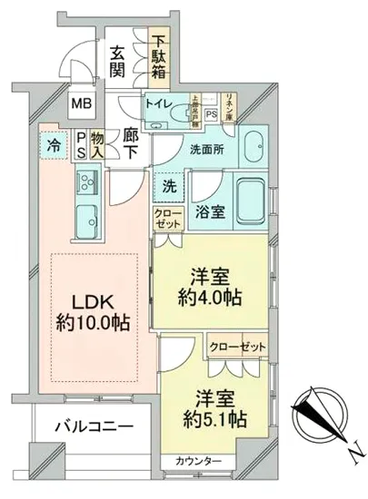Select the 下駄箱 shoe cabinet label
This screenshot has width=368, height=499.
[x=160, y=56]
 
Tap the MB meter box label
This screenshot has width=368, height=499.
[x=82, y=104]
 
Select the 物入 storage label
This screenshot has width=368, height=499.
[x=100, y=146]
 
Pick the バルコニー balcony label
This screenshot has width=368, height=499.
[x=81, y=426]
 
